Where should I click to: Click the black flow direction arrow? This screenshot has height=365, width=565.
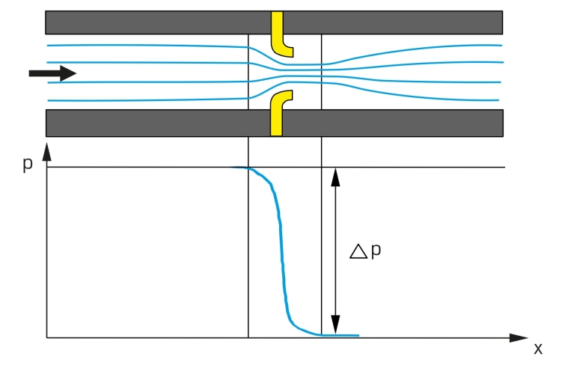(52, 73)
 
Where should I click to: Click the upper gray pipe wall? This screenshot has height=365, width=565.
(274, 22)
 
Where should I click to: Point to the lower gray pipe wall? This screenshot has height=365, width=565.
(275, 123)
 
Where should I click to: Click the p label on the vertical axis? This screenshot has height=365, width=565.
(28, 164)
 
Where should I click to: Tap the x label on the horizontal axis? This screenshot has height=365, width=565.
(538, 349)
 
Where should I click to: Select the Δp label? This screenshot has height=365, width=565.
(365, 251)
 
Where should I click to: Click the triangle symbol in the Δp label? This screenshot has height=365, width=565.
(358, 251)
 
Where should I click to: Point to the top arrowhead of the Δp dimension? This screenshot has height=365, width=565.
(335, 177)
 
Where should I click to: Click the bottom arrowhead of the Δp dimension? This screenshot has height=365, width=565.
(335, 325)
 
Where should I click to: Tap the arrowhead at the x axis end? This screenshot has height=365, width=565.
(519, 338)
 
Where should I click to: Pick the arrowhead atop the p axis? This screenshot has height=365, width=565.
(47, 151)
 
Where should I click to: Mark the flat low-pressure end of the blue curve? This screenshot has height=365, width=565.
(340, 335)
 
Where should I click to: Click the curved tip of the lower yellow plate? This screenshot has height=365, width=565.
(286, 95)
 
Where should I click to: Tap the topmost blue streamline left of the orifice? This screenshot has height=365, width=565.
(147, 46)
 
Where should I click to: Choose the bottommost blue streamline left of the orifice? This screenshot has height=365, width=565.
(148, 99)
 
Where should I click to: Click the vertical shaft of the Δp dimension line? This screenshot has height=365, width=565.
(335, 251)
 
